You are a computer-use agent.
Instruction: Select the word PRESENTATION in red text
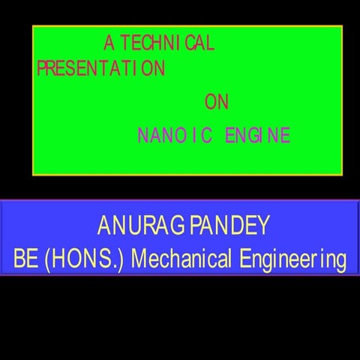tap(100, 69)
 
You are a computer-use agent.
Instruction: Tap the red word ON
tap(216, 102)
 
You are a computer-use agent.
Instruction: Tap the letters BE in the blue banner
tap(25, 260)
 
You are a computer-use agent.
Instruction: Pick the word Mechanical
tap(182, 260)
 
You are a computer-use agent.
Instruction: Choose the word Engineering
tap(293, 260)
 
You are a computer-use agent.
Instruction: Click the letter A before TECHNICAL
tap(109, 43)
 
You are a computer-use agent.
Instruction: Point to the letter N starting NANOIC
tap(142, 136)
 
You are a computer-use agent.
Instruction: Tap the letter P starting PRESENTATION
tap(40, 69)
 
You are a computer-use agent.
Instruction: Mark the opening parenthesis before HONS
tap(48, 260)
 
